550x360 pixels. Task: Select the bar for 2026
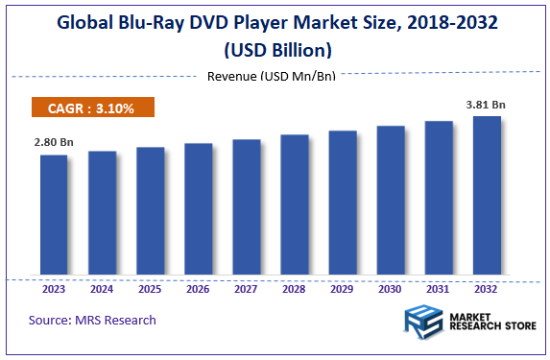[198, 209]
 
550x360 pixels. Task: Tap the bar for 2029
[343, 203]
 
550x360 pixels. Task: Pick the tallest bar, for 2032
[487, 196]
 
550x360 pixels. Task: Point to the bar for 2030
[391, 201]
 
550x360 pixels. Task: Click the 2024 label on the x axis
[102, 287]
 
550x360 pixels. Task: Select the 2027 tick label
[247, 287]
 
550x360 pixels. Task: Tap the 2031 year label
[439, 287]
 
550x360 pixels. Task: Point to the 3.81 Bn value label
[487, 104]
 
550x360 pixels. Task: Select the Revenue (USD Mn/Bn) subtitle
[272, 76]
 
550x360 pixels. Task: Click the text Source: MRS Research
[92, 320]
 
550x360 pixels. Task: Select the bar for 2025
[150, 211]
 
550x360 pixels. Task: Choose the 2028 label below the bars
[295, 287]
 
